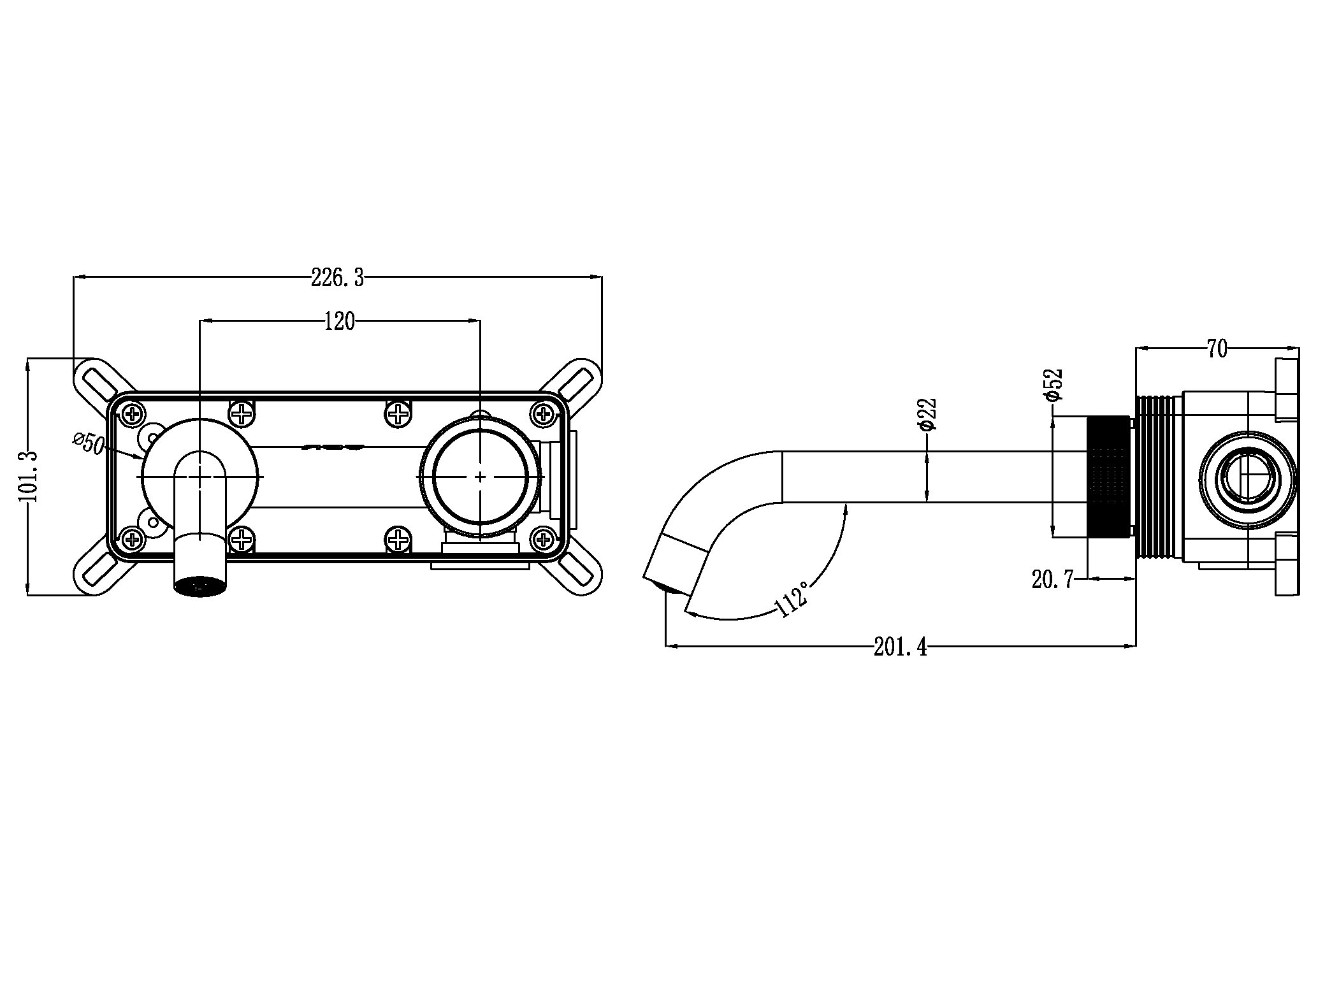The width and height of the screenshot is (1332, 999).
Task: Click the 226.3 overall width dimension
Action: [337, 278]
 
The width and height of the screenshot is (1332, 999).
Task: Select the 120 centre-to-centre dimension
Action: [339, 322]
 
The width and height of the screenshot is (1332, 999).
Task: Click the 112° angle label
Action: [793, 599]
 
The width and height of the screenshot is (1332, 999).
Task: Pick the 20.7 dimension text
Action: [1053, 580]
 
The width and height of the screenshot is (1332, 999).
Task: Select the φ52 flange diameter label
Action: [1053, 384]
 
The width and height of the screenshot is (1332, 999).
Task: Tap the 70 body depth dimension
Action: [1217, 349]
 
